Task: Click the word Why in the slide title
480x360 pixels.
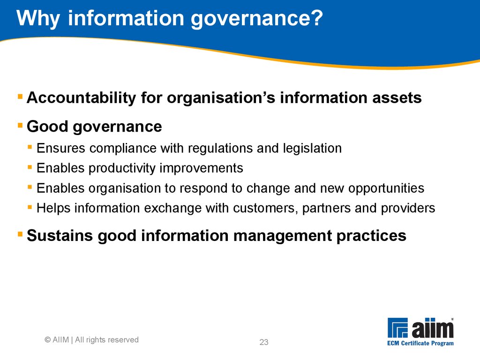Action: pyautogui.click(x=38, y=19)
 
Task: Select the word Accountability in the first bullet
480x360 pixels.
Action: pyautogui.click(x=81, y=98)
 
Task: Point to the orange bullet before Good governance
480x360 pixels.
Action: pyautogui.click(x=20, y=125)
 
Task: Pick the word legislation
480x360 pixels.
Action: pyautogui.click(x=312, y=149)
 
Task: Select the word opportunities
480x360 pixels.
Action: pyautogui.click(x=386, y=188)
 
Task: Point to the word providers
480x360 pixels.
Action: pyautogui.click(x=408, y=209)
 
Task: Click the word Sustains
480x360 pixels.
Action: pyautogui.click(x=60, y=236)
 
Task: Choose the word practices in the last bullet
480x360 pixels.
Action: pyautogui.click(x=371, y=236)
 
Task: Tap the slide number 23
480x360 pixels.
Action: pyautogui.click(x=264, y=342)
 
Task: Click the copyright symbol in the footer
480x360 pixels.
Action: pyautogui.click(x=48, y=340)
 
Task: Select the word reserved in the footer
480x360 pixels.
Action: pyautogui.click(x=123, y=340)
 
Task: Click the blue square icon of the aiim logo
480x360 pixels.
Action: pyautogui.click(x=397, y=328)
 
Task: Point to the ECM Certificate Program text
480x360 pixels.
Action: pyautogui.click(x=420, y=343)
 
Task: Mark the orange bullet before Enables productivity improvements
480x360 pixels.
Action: pyautogui.click(x=30, y=167)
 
